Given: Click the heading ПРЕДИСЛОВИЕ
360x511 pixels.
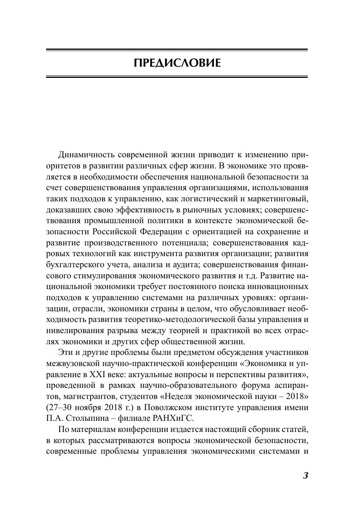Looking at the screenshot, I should click(177, 63).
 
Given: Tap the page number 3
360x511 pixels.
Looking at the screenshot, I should click(305, 476).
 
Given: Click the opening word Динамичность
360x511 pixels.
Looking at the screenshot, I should click(85, 155).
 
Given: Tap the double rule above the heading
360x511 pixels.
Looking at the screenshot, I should click(177, 51).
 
